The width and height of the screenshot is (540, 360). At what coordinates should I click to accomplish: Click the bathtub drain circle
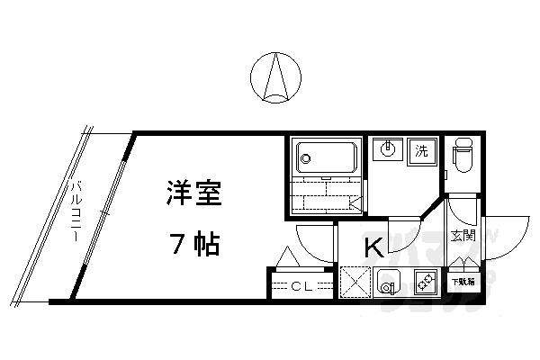[306, 159]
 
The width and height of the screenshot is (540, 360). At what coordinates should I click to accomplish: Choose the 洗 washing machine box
[421, 150]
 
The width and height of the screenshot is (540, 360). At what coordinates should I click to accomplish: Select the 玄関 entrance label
[463, 236]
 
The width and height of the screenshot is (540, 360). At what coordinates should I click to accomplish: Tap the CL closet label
[302, 286]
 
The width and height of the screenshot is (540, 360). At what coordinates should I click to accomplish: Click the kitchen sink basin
[389, 283]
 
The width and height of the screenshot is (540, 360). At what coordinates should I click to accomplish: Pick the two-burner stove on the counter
[425, 283]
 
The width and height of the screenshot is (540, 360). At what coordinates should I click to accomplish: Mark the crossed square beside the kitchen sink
[355, 283]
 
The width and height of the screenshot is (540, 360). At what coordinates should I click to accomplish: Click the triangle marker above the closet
[289, 257]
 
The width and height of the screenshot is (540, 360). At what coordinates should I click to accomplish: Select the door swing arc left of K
[316, 241]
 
